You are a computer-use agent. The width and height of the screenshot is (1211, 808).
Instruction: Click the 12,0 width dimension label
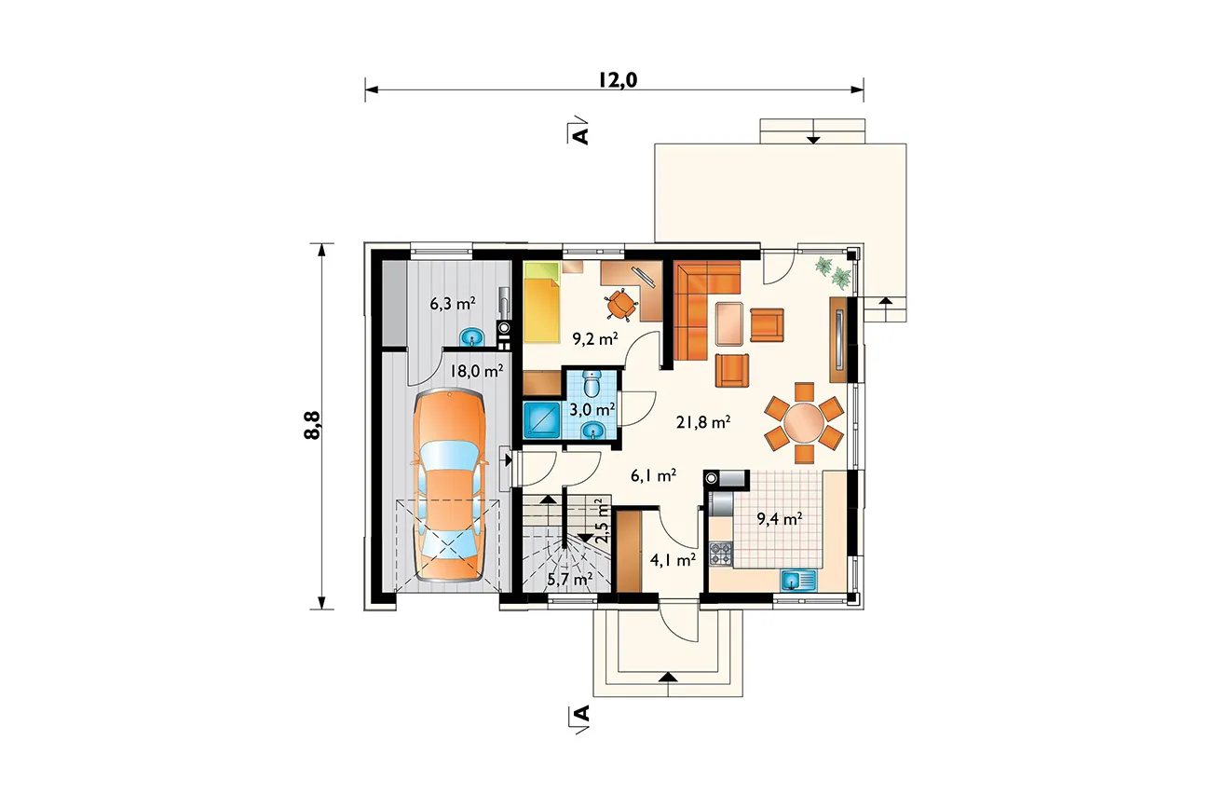618,80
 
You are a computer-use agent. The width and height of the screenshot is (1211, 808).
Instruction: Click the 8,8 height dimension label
312,425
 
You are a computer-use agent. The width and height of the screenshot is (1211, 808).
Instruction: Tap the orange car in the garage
449,485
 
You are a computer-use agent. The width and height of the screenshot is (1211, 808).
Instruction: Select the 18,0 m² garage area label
477,371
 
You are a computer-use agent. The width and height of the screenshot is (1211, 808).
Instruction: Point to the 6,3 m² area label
453,304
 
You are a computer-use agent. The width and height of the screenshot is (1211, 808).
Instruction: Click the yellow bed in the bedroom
541,302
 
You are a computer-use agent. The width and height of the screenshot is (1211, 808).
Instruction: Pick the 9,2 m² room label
595,339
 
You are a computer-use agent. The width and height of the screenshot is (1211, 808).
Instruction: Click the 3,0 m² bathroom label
592,409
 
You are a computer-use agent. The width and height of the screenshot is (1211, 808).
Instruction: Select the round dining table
804,423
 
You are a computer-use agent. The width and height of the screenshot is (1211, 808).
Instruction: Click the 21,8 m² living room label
703,422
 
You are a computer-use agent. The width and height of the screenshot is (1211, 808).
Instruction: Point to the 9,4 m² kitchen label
779,519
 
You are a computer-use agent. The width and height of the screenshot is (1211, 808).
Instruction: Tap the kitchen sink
798,581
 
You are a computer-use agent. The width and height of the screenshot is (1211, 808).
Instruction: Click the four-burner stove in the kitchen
721,555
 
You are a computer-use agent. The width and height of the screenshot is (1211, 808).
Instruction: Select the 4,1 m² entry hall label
673,560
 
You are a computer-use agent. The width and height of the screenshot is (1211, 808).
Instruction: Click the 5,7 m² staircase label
570,580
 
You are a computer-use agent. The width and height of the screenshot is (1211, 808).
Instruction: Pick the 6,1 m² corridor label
654,475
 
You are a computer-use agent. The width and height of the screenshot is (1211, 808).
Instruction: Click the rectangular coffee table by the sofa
729,323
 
